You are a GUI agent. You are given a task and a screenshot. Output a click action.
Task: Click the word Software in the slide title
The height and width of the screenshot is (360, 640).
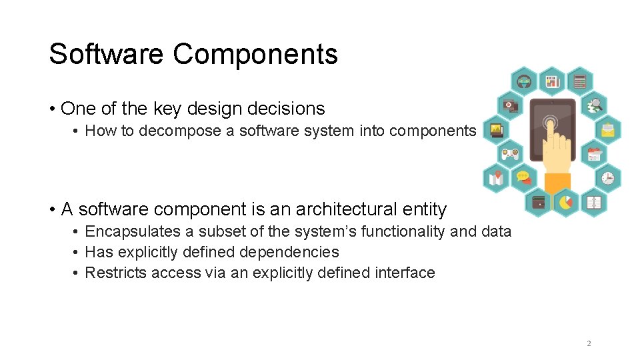(x=107, y=54)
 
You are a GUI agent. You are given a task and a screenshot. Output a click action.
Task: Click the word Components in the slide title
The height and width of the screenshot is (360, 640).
(x=255, y=54)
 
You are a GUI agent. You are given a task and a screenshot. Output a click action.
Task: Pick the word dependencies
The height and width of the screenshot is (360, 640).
(x=297, y=253)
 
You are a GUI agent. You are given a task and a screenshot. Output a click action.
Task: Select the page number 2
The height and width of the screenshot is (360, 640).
(x=589, y=343)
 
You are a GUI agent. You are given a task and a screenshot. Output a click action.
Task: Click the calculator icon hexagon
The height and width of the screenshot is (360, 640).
(x=579, y=81)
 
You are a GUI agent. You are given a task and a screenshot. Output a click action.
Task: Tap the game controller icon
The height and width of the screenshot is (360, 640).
(x=511, y=153)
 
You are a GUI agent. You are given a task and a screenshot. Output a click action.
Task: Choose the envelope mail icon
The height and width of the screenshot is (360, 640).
(x=607, y=129)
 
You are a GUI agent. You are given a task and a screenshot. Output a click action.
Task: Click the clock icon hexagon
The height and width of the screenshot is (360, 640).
(x=607, y=178)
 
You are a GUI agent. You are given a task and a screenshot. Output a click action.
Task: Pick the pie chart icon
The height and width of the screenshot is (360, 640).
(x=565, y=201)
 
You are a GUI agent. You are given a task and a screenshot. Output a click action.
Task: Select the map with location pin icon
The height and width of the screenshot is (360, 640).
(x=497, y=178)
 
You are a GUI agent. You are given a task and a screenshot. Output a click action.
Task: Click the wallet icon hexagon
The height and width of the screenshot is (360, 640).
(x=538, y=201)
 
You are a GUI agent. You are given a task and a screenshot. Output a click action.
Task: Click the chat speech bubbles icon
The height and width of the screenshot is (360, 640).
(x=523, y=177)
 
